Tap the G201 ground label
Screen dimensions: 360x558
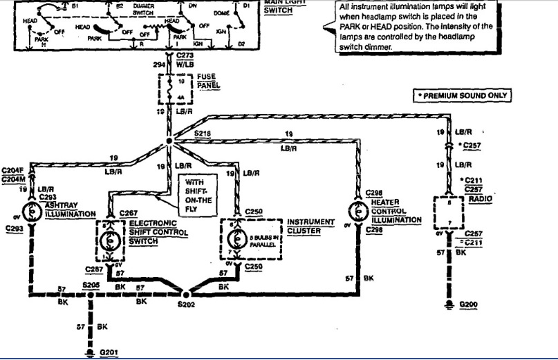(x=109, y=352)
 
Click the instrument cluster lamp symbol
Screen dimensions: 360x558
(x=239, y=238)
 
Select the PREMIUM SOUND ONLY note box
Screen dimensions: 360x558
(x=463, y=95)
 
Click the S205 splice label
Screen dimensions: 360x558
(x=91, y=285)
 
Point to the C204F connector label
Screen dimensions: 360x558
(x=12, y=170)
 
